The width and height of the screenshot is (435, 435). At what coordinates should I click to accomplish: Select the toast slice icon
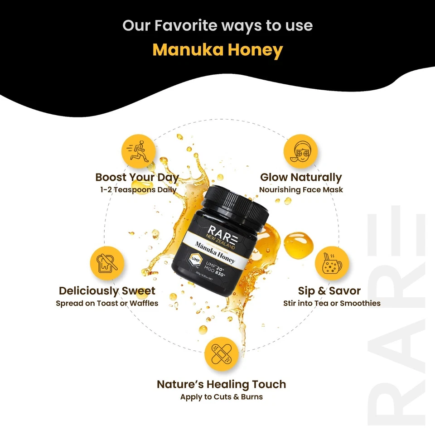[x=107, y=263]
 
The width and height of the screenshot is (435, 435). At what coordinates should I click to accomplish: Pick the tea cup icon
[x=332, y=263]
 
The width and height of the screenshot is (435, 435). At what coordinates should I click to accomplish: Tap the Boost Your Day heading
[x=137, y=177]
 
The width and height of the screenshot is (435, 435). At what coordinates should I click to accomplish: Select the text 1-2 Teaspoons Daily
[x=139, y=190]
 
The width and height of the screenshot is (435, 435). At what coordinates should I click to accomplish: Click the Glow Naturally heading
[x=301, y=177]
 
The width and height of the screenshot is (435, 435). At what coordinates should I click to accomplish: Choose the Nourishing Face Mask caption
[x=301, y=190]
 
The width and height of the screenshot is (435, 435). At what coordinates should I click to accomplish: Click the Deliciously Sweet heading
[x=107, y=290]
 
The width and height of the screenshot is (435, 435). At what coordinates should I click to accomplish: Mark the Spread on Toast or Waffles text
[x=107, y=303]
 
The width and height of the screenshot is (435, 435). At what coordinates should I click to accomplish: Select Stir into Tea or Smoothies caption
[x=332, y=303]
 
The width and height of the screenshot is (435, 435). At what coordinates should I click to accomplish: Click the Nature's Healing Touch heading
[x=221, y=384]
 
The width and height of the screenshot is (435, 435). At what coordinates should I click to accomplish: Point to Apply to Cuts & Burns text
[x=221, y=397]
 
